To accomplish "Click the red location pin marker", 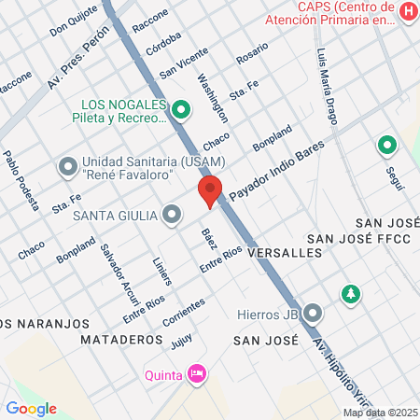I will pos(210,191).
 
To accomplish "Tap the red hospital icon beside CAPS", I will pos(408,11).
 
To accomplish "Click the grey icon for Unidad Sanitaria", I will pos(67,168).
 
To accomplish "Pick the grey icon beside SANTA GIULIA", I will pos(172,216).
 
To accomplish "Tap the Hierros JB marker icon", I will pos(314,313).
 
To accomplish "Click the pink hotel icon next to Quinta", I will pos(196,375).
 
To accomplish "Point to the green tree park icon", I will pos(350,293).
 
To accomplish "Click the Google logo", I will pos(31,408).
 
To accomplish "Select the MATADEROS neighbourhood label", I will pos(121,340).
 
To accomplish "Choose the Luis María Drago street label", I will pos(327,87).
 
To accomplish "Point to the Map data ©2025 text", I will pos(380,413).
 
